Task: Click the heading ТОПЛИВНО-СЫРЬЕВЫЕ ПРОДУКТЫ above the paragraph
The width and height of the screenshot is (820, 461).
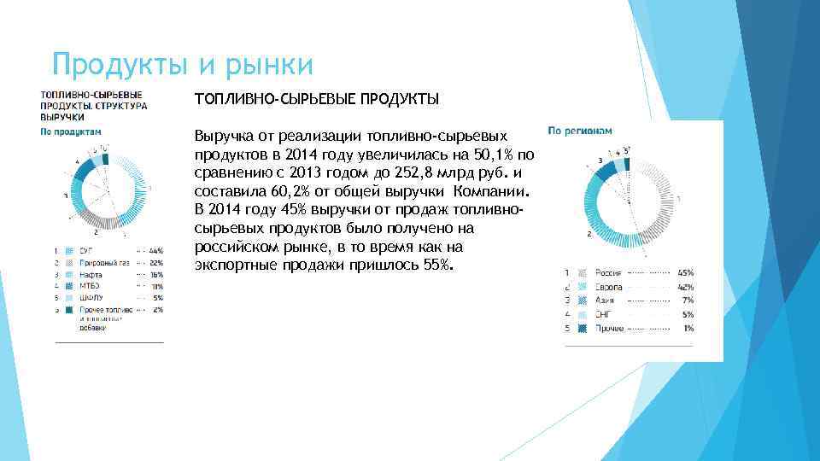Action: click(316, 100)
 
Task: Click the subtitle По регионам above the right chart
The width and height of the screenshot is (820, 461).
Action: click(580, 131)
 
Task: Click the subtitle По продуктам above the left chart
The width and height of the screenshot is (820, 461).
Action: click(71, 131)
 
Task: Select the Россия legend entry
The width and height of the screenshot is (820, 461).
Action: click(608, 272)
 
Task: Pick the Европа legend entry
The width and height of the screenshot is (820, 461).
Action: click(608, 287)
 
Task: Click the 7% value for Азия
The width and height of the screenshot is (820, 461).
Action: click(688, 301)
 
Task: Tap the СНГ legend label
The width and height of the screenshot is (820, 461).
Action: click(604, 315)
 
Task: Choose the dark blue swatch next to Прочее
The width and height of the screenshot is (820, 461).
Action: click(582, 329)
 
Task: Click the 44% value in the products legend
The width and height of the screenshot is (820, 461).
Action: click(155, 251)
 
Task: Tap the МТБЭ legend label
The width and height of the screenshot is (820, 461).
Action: click(90, 288)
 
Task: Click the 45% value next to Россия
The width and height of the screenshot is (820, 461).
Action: click(685, 272)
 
